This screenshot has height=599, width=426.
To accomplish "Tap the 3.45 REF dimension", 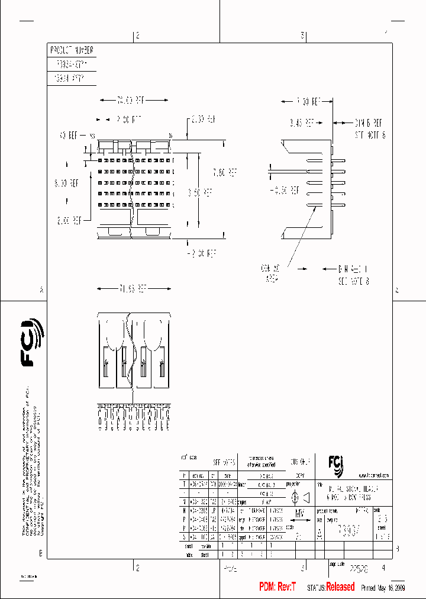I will click(x=302, y=123).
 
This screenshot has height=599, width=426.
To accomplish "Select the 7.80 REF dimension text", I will click(x=225, y=173).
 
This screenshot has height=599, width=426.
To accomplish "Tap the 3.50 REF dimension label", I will click(x=201, y=192).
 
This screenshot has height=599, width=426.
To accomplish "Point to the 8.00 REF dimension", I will click(x=66, y=183).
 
